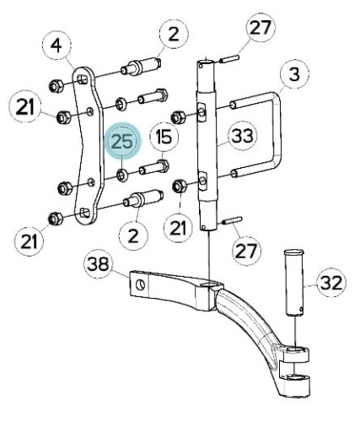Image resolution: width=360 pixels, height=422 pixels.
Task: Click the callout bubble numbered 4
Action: point(56,45)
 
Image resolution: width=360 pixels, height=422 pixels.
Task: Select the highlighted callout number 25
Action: point(122,141)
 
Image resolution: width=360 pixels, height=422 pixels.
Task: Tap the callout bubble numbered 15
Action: point(164,137)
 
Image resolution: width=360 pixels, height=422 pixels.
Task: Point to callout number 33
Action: point(242,136)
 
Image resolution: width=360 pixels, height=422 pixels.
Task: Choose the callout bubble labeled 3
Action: point(294,74)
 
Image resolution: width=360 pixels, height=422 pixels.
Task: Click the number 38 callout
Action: point(98,263)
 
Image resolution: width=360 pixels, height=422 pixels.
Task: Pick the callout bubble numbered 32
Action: point(331,283)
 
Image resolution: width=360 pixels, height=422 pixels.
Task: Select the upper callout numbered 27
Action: point(261,28)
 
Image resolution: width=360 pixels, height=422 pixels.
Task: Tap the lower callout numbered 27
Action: point(246,251)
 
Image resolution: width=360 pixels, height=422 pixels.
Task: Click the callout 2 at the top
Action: point(174,34)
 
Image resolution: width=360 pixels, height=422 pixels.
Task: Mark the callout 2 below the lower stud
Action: point(133,235)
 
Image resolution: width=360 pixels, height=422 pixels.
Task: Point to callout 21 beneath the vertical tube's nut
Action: point(178,227)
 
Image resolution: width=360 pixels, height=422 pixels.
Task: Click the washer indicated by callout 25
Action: point(122,176)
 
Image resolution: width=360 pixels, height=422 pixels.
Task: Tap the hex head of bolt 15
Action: point(163,165)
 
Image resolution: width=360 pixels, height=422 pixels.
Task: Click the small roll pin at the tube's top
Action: point(229,59)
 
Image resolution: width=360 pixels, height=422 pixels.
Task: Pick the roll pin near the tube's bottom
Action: point(232,220)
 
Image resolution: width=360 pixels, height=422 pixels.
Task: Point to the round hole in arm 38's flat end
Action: point(140,285)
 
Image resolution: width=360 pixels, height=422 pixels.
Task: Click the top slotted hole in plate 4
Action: point(82,79)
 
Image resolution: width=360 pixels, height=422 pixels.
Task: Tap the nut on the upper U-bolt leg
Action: point(177,117)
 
